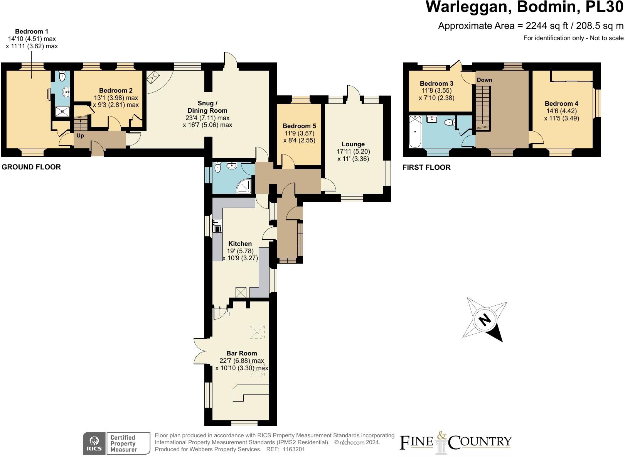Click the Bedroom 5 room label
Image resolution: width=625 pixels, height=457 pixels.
(299, 126)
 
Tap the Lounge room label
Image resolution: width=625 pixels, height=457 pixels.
(353, 144)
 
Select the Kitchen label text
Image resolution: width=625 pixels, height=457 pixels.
(240, 244)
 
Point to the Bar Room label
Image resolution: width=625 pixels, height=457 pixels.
(241, 354)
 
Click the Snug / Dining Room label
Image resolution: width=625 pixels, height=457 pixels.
(207, 107)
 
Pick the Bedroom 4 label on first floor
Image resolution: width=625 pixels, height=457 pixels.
(561, 104)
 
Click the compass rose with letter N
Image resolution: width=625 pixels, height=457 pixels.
(485, 320)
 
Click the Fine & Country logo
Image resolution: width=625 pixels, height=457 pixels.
(455, 443)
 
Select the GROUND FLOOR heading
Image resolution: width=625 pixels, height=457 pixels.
(31, 167)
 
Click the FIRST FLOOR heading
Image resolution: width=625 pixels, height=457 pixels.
(426, 168)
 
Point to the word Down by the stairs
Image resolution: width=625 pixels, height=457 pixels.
(484, 80)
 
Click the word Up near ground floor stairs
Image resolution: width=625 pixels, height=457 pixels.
(80, 136)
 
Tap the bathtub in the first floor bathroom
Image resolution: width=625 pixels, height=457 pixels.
(415, 131)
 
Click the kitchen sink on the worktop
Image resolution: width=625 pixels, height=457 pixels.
(217, 225)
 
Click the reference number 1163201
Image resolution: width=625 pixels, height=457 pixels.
(294, 450)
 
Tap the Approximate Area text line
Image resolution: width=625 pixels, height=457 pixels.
(531, 26)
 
